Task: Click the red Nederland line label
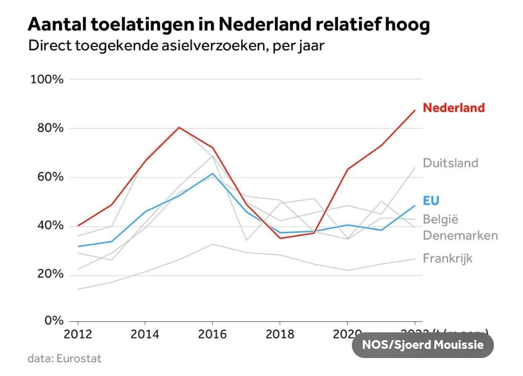454,108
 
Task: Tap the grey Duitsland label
450,163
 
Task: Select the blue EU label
431,201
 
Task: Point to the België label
441,219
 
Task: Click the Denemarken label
460,236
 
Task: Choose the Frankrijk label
447,258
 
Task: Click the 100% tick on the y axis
47,79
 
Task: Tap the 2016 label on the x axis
212,334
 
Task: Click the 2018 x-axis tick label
280,334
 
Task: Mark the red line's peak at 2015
179,128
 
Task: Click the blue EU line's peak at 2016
213,174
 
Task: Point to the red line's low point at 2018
280,238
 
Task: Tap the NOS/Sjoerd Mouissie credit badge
423,345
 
